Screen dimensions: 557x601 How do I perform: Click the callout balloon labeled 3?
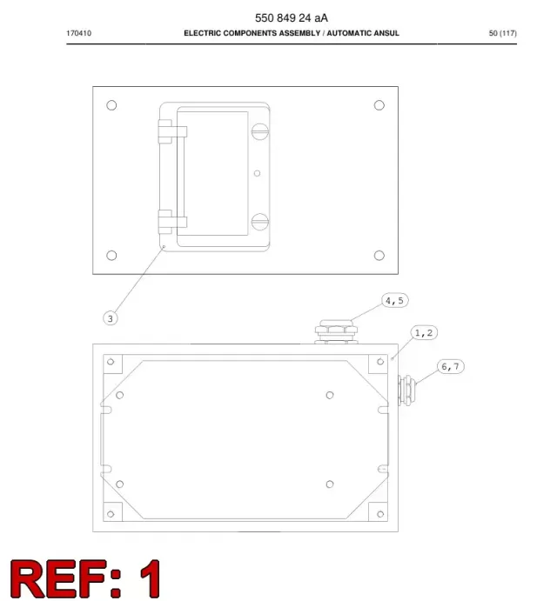coord(111,318)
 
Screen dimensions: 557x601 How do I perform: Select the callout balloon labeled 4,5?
coord(395,301)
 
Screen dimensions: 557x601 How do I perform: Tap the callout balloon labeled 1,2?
coord(424,333)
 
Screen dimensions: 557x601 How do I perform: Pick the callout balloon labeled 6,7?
coord(450,366)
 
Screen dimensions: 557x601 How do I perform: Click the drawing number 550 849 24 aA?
coord(292,18)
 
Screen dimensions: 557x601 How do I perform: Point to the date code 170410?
coord(78,33)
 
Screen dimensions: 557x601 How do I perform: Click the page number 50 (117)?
coord(502,33)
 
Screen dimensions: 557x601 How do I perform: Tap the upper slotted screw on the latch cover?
coord(259,131)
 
